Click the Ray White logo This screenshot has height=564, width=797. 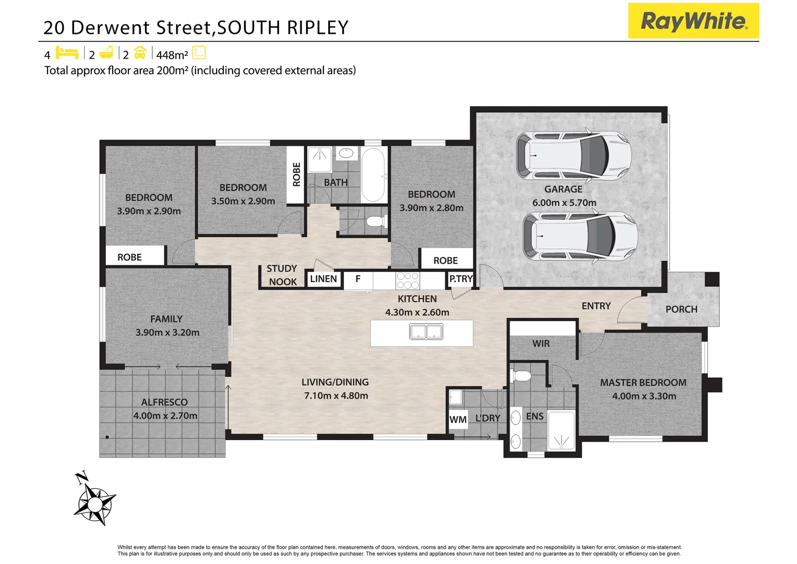(693, 21)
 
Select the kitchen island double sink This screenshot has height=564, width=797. (426, 332)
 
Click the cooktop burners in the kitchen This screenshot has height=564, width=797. (407, 280)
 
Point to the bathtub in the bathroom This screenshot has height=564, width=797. (373, 175)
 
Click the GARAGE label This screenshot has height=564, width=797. (563, 189)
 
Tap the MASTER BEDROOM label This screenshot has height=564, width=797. (643, 383)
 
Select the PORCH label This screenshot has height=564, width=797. (681, 309)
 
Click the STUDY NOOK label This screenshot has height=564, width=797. (282, 275)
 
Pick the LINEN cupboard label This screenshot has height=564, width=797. (323, 279)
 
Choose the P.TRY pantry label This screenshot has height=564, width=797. (461, 279)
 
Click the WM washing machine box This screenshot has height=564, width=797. (458, 419)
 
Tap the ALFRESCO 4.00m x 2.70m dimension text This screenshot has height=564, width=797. (165, 416)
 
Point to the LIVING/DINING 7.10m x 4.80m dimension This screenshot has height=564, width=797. (336, 396)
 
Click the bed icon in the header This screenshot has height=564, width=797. (67, 53)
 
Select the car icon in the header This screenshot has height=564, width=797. (140, 53)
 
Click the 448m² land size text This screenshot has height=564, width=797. (172, 55)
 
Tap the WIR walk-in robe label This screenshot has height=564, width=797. (541, 344)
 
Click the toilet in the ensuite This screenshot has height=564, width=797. (522, 375)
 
